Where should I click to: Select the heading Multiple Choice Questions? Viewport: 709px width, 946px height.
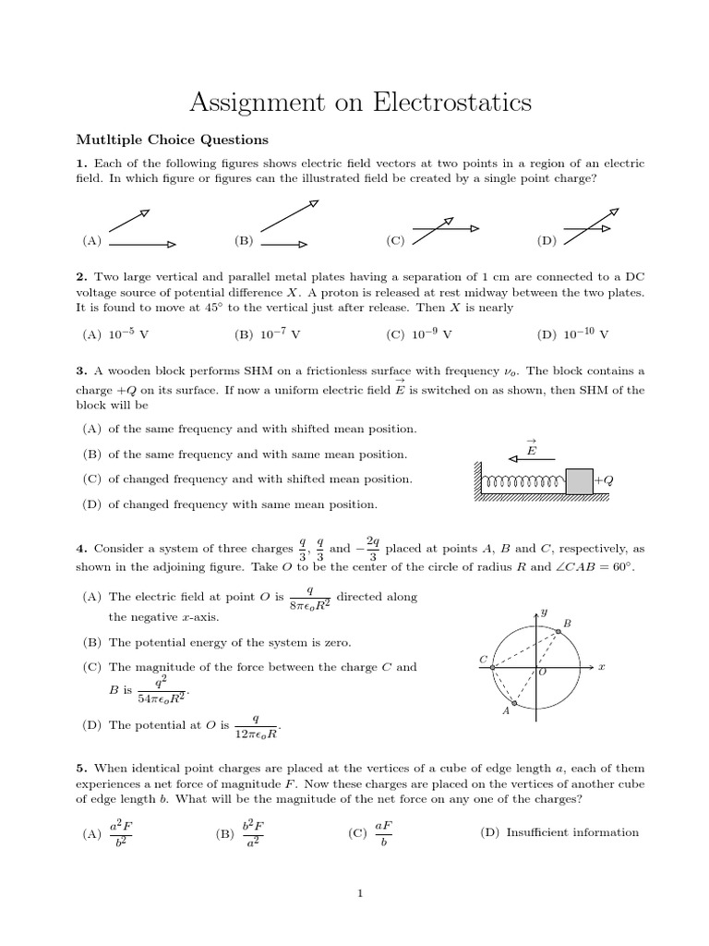tap(172, 140)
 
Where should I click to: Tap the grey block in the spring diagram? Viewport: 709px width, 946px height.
tap(579, 481)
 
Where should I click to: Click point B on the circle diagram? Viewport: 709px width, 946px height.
tap(559, 631)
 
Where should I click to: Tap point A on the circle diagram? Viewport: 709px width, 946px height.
tap(514, 704)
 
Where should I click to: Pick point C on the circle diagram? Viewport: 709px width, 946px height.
tap(492, 666)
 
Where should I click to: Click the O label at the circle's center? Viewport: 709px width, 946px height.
tap(543, 673)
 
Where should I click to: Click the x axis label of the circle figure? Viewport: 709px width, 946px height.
tap(601, 666)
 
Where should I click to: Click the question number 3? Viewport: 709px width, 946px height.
tap(81, 371)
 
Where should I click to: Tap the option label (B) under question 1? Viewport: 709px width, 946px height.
tap(244, 240)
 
